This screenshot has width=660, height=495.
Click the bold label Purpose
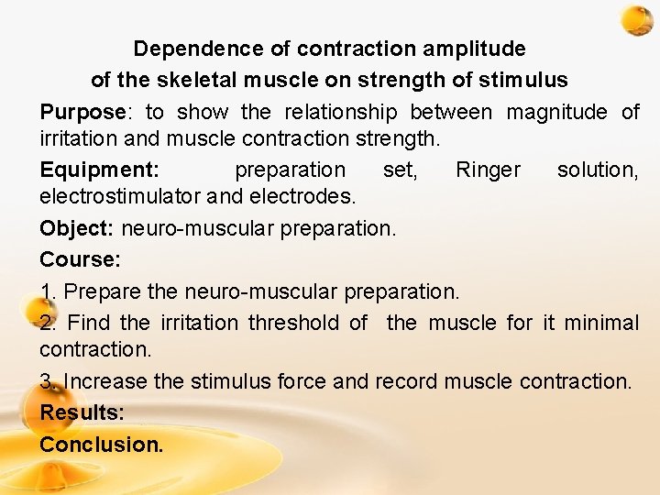click(82, 112)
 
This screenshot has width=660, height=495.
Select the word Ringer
click(488, 170)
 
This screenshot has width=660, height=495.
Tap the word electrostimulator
click(119, 195)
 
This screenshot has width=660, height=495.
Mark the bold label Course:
click(80, 259)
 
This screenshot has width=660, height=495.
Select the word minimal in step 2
click(601, 323)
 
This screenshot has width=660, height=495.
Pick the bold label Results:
click(82, 412)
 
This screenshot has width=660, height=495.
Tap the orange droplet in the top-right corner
click(635, 19)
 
